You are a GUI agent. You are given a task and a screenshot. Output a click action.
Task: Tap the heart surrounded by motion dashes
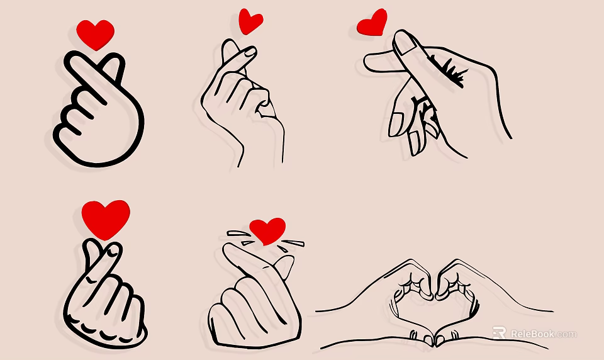[x=267, y=230]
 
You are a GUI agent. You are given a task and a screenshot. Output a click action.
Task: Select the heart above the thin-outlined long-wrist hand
[x=251, y=21]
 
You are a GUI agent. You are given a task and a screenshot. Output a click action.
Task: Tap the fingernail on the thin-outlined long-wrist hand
[x=249, y=52]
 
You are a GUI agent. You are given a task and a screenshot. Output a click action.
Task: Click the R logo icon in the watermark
[x=500, y=333]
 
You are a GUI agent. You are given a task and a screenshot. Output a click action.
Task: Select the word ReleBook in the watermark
[x=532, y=334]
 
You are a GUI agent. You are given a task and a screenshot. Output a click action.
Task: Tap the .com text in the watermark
[x=566, y=334]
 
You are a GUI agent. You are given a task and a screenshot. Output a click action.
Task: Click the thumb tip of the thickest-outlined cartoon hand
[x=114, y=62]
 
